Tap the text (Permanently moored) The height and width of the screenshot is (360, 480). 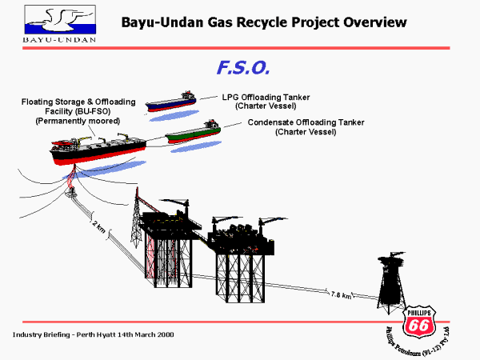click(78, 121)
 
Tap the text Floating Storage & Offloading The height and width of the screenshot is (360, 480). click(78, 102)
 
